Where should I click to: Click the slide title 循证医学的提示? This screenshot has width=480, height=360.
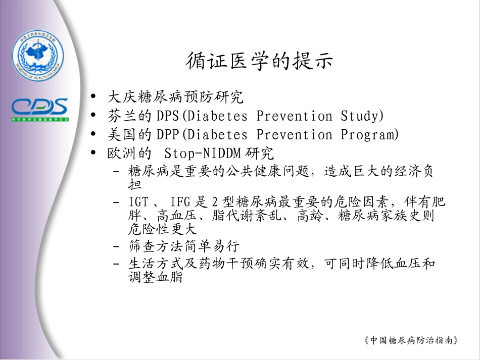coord(260,61)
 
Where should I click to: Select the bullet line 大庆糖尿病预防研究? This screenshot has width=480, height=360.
coord(176,97)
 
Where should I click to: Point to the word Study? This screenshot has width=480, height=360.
coord(359,116)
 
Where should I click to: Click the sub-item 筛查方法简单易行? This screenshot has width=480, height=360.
coord(184,247)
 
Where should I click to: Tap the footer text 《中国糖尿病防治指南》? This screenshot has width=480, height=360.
coord(411,340)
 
